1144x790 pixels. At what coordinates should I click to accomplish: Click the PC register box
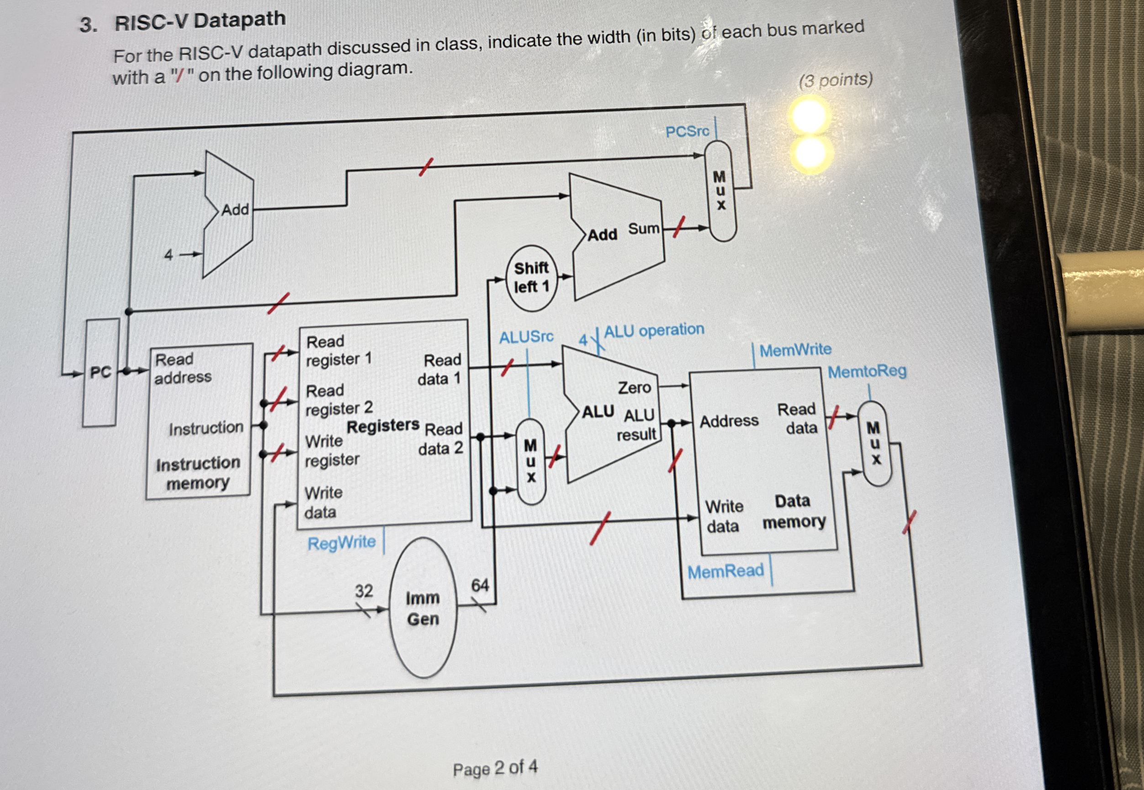click(x=101, y=372)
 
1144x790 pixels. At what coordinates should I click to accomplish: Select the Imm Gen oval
click(x=423, y=608)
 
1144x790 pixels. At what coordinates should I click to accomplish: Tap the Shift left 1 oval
click(x=531, y=278)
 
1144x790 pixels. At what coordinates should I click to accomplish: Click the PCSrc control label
click(x=687, y=132)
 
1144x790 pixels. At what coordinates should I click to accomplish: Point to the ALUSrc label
click(x=526, y=337)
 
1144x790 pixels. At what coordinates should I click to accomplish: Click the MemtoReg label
click(x=867, y=371)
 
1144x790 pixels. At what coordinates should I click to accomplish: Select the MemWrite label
click(x=795, y=350)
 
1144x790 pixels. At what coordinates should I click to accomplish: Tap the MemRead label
click(x=726, y=571)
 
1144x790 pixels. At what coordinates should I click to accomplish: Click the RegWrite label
click(x=341, y=543)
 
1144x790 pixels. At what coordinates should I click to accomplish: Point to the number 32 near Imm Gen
click(x=364, y=590)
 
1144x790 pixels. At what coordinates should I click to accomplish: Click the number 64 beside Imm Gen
click(x=479, y=585)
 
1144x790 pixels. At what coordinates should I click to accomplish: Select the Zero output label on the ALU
click(x=634, y=387)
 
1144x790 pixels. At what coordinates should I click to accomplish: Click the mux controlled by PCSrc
click(x=720, y=190)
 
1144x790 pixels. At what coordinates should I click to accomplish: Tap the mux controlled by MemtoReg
click(x=874, y=443)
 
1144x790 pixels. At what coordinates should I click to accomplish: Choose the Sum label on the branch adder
click(x=643, y=229)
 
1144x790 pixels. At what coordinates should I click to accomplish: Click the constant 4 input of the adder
click(x=169, y=255)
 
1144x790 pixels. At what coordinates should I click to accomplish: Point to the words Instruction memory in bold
click(x=198, y=473)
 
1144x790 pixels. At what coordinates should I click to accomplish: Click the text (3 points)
click(x=836, y=80)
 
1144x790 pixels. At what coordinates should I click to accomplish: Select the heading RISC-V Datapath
click(x=200, y=21)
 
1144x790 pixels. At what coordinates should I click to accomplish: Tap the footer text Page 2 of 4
click(x=495, y=768)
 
